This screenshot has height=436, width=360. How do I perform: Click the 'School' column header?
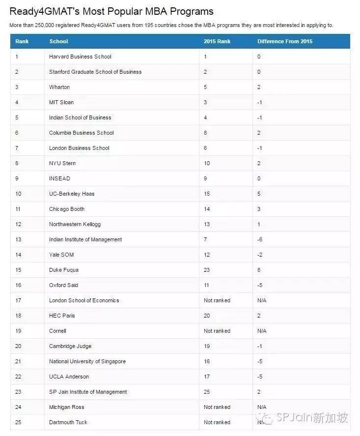point(58,41)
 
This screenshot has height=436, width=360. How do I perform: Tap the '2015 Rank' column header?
point(217,41)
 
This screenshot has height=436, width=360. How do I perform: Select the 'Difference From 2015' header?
point(284,41)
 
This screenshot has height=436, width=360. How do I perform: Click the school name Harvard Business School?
point(80,57)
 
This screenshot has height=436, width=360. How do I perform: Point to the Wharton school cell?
point(59,87)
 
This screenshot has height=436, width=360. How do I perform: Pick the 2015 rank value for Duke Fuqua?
point(207,270)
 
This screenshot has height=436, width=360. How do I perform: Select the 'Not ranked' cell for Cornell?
point(217,331)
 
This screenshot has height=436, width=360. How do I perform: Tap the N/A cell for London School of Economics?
point(262,300)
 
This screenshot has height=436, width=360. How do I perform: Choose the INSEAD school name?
point(59,178)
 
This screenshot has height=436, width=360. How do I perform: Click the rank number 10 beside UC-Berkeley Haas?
point(18,194)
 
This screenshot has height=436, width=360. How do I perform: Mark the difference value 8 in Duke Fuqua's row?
point(259,270)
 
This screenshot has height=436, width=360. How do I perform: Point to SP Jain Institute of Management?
point(88,392)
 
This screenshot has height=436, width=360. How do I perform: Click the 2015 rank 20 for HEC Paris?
point(207,316)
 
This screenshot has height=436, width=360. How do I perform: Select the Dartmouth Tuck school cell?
point(68,422)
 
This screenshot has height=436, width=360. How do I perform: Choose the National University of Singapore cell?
point(87,361)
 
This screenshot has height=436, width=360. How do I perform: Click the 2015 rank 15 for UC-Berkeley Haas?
point(207,194)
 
